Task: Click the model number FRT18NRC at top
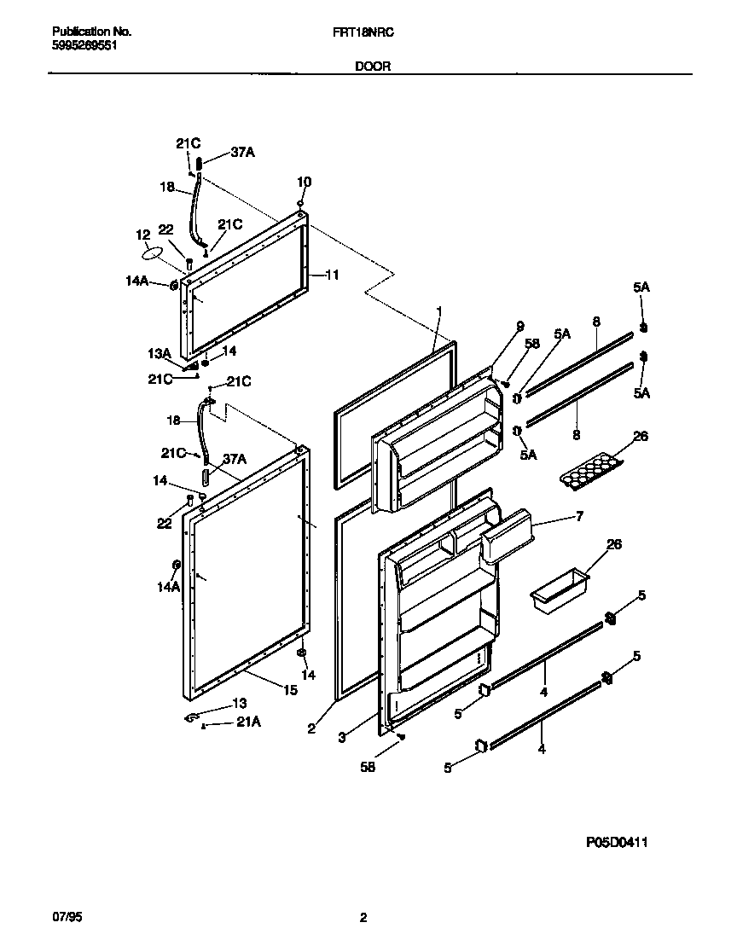368,32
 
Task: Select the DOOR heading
373,66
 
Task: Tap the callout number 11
333,275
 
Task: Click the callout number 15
291,690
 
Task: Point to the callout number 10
304,182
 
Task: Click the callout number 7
579,517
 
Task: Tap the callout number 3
341,738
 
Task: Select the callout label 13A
160,353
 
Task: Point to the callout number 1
438,311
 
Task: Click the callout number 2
311,728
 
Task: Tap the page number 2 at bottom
363,918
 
